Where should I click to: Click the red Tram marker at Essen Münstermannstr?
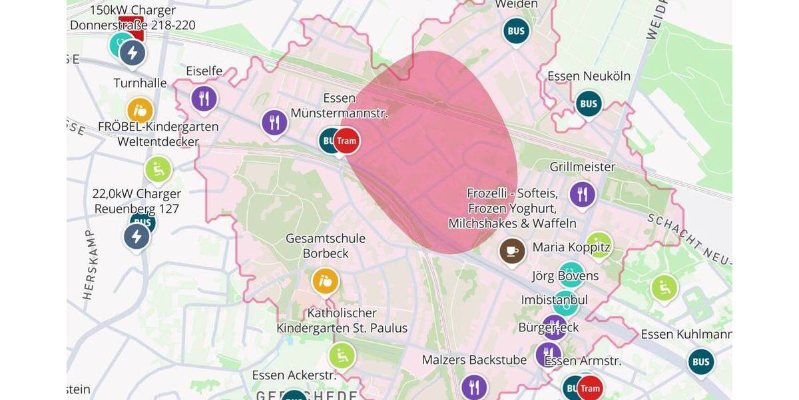346,141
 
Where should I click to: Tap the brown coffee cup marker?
512,251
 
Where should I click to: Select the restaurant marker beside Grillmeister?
583,194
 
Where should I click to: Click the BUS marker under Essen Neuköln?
589,103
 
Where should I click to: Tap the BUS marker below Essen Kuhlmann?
700,361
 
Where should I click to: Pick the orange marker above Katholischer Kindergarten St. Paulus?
326,281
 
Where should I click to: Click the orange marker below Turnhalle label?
140,110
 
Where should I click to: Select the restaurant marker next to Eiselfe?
204,99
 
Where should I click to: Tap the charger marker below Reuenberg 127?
136,236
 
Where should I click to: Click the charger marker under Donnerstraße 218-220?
133,53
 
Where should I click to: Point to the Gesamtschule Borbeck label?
326,245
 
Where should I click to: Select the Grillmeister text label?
582,167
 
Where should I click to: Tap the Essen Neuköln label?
589,76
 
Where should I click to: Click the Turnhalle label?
140,83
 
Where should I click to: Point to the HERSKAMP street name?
90,265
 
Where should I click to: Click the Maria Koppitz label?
571,247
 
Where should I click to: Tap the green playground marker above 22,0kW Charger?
158,169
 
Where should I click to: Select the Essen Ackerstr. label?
294,375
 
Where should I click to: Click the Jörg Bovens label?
565,275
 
